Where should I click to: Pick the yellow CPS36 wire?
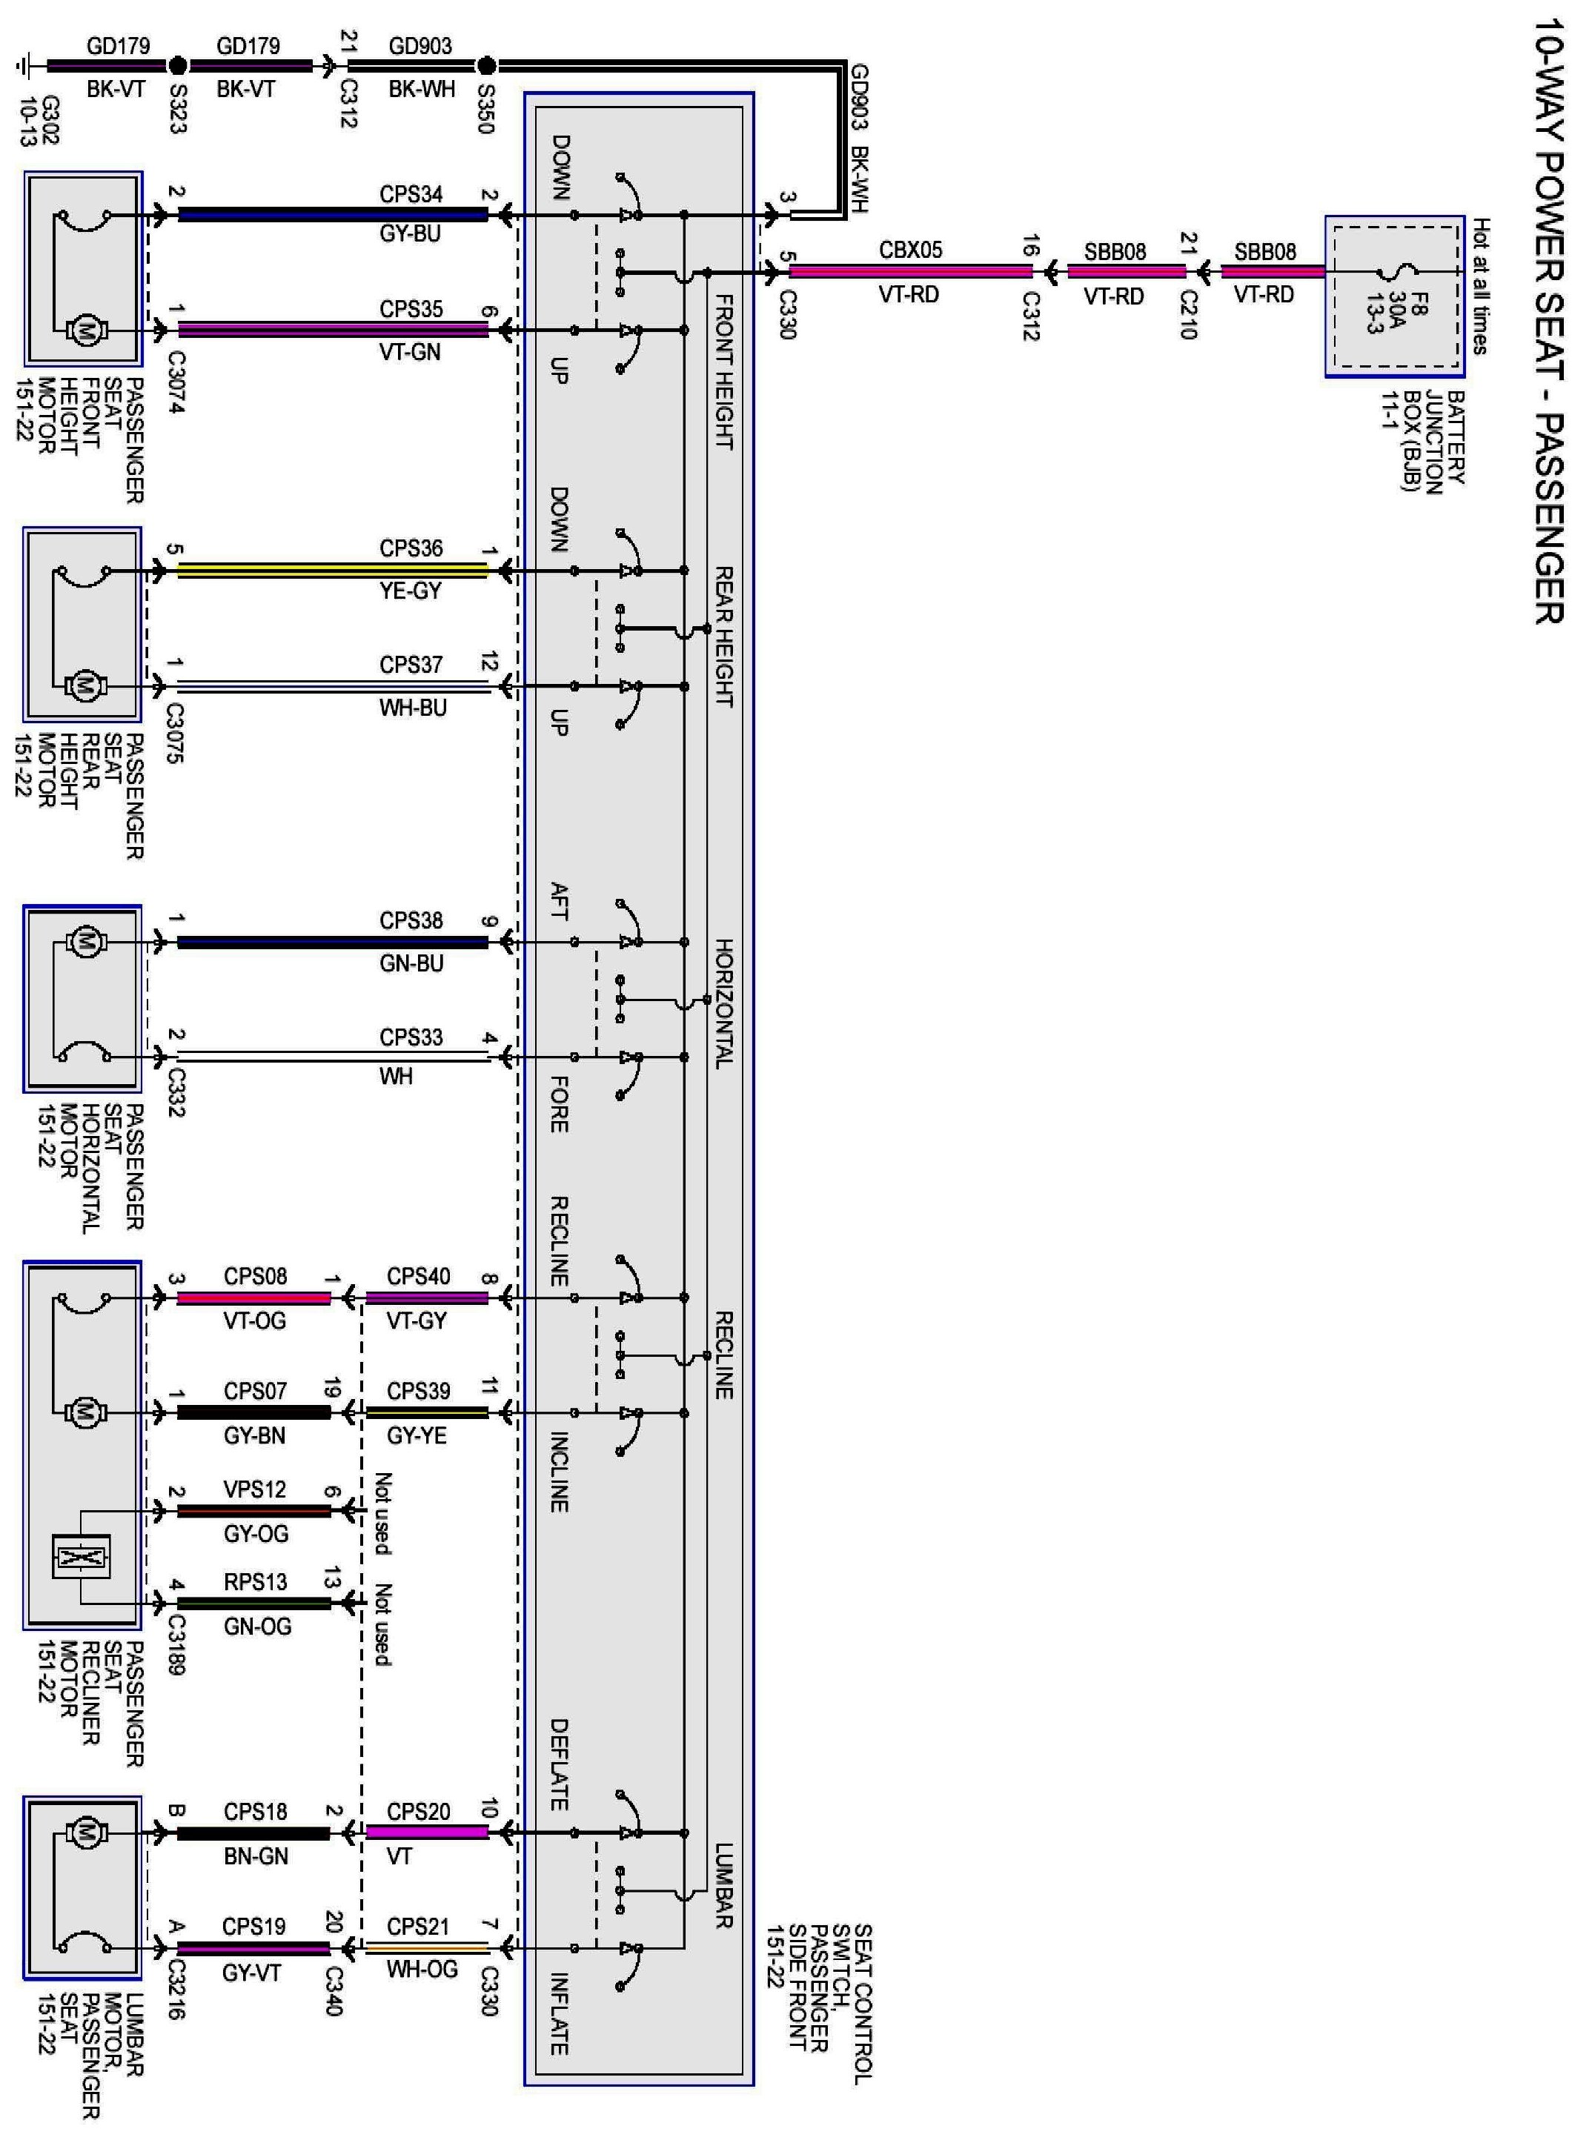(x=333, y=571)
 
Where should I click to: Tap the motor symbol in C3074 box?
(x=84, y=330)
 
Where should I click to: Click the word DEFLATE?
(x=559, y=1764)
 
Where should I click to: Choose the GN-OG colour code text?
(x=256, y=1627)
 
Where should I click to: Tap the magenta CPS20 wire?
(x=427, y=1832)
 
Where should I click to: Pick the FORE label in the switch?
(x=559, y=1104)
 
